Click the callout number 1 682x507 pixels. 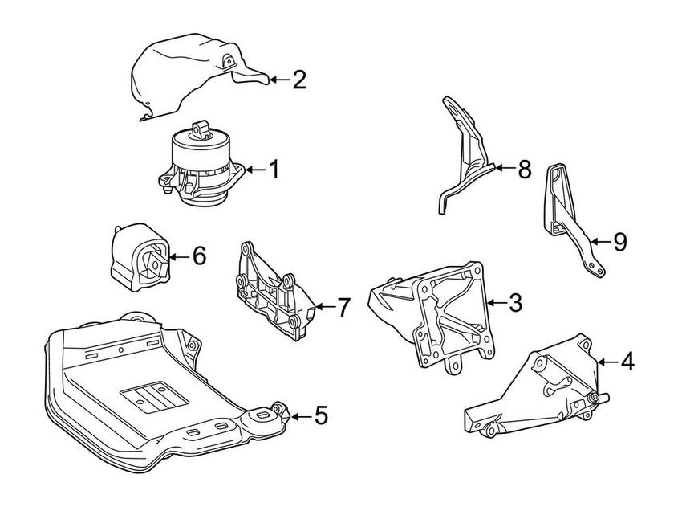click(x=274, y=170)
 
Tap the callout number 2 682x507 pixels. click(x=298, y=80)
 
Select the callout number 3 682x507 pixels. click(x=515, y=303)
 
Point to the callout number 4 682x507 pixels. click(x=627, y=362)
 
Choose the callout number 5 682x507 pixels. click(x=320, y=415)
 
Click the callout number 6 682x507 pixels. click(x=198, y=256)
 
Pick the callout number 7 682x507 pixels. click(x=343, y=307)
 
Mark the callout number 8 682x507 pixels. click(x=523, y=170)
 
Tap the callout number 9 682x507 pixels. click(x=619, y=241)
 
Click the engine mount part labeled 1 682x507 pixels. click(x=201, y=167)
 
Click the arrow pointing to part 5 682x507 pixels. click(x=299, y=415)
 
